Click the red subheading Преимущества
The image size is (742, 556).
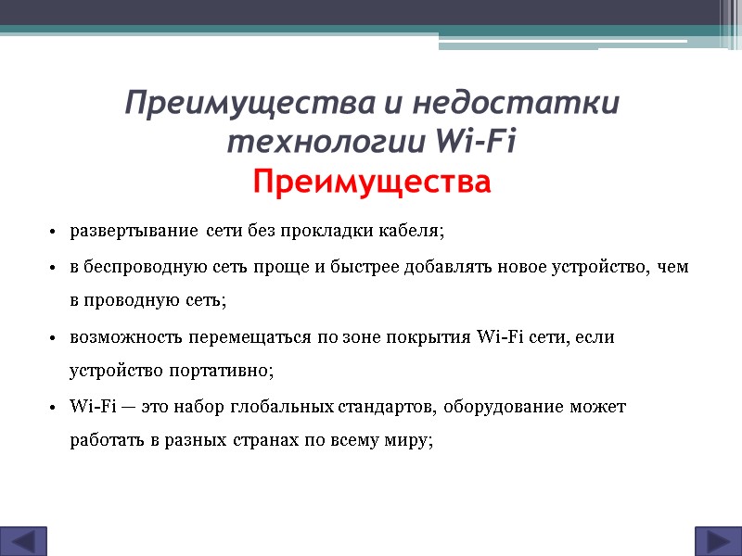coord(371,183)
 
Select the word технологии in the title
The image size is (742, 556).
coord(325,144)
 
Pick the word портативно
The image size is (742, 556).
coord(220,371)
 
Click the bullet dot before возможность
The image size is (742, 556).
coord(54,337)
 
